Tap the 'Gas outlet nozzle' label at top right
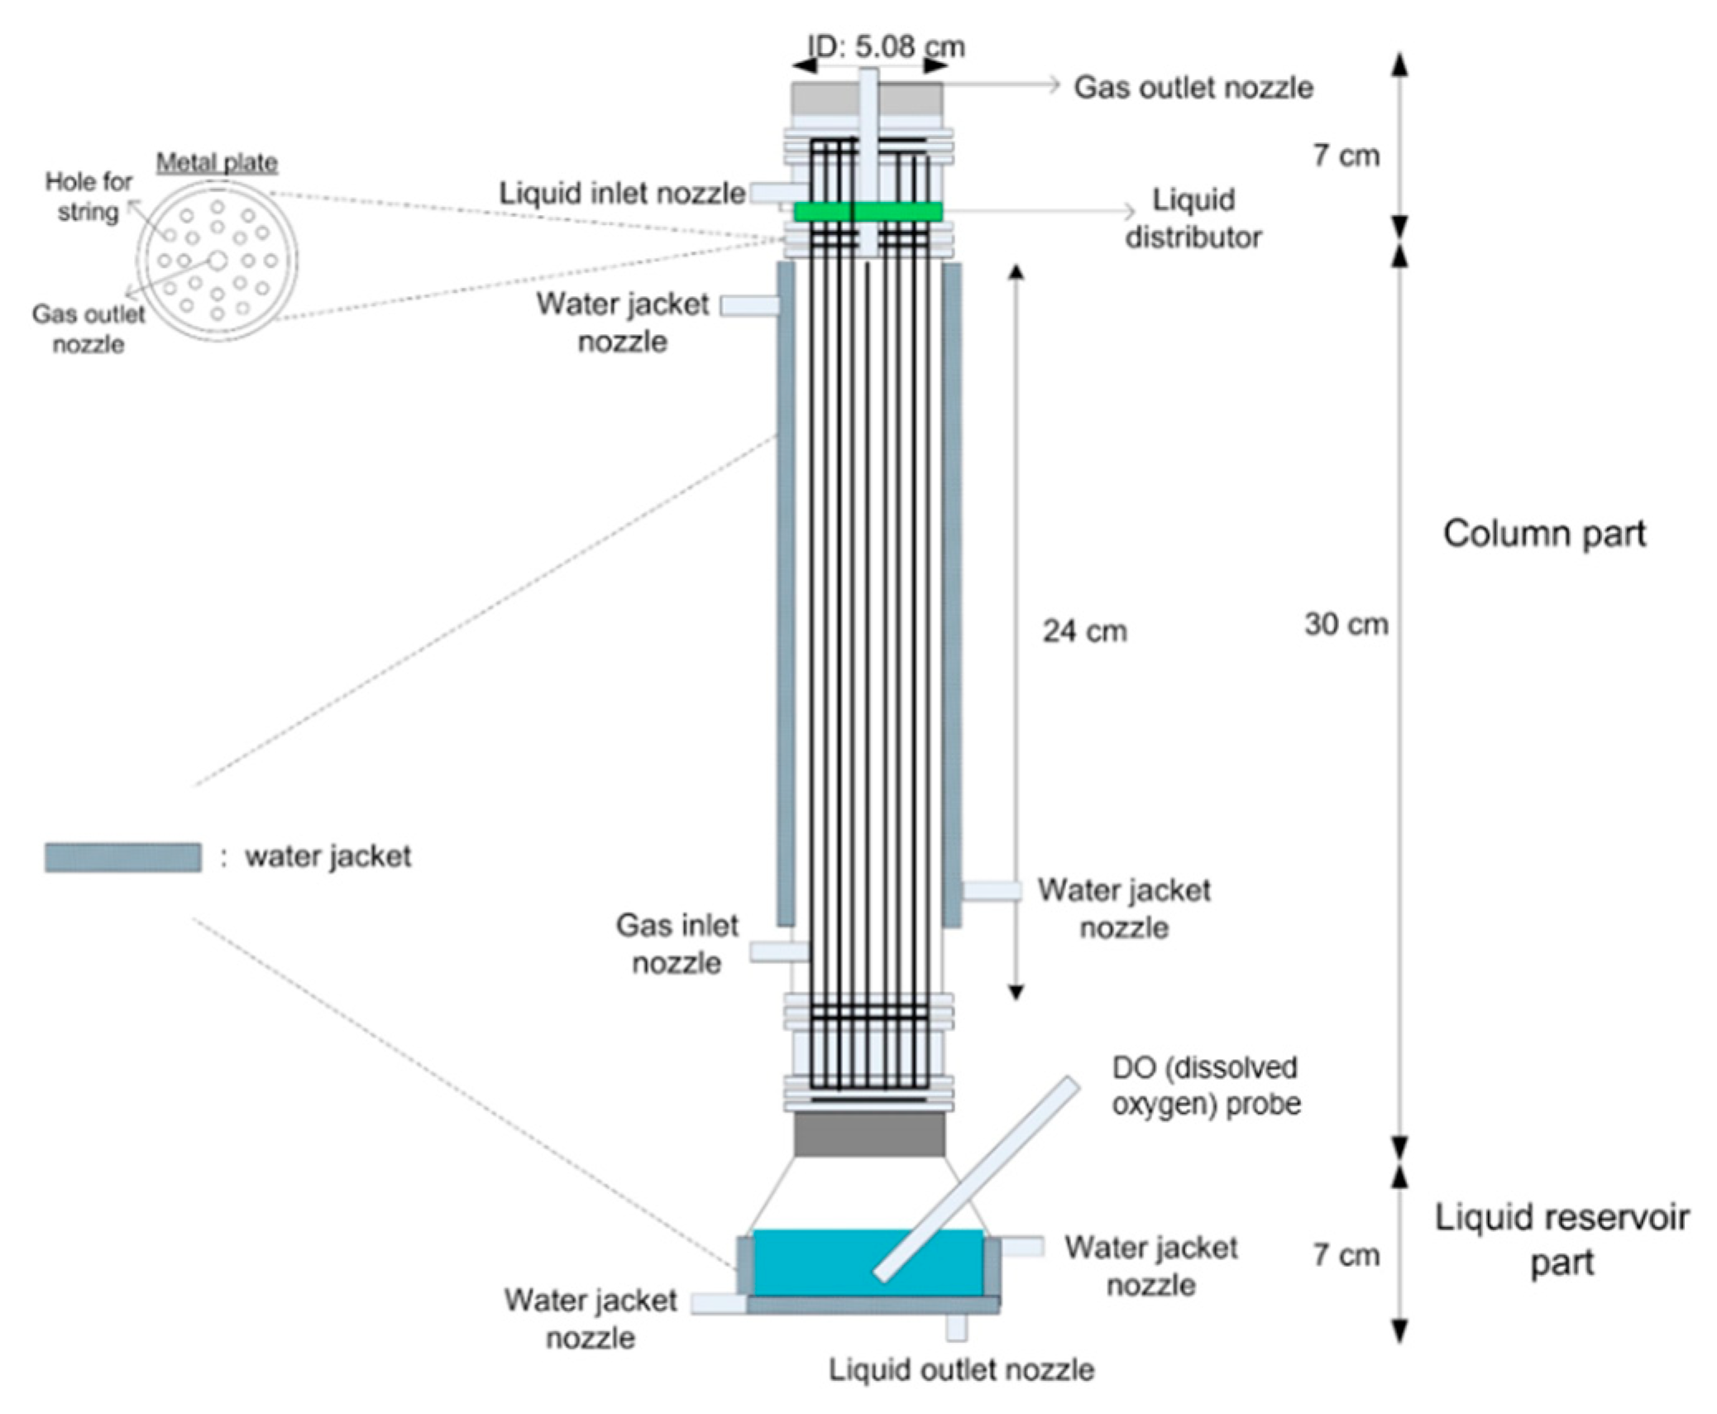(1192, 87)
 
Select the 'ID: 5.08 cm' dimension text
(885, 46)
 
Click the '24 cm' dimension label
(1084, 631)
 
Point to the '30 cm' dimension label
(1346, 624)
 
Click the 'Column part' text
(1544, 534)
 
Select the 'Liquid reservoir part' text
(1561, 1239)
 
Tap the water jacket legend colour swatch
(122, 857)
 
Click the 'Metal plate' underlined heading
(217, 163)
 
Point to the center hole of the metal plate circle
(218, 261)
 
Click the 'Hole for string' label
(88, 197)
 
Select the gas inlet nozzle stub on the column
(777, 951)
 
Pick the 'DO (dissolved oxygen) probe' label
(1205, 1086)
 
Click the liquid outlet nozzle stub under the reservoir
(956, 1326)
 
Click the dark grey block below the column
(868, 1134)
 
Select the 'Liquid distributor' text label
(1193, 218)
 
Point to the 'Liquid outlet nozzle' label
(961, 1369)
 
